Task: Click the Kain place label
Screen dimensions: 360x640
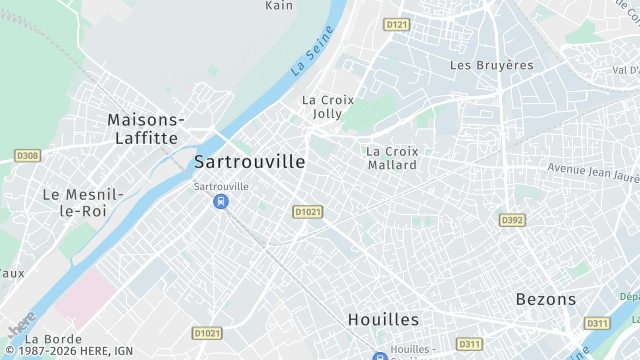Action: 279,6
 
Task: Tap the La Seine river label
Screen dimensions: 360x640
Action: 313,54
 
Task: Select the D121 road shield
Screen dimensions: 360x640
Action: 396,24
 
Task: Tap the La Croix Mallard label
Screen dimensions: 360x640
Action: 392,158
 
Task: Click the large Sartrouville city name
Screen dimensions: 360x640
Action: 250,162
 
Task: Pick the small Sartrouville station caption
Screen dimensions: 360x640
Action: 220,186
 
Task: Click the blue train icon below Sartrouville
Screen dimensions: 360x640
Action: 220,202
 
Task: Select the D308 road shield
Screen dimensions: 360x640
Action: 27,155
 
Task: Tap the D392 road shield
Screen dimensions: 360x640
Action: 512,220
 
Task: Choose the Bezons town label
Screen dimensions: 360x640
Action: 546,299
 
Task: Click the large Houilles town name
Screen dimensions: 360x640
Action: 383,319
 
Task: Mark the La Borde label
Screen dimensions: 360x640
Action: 55,339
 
